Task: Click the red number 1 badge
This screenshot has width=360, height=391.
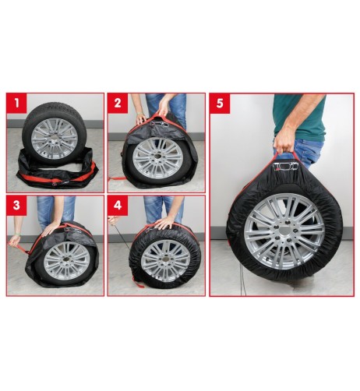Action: tap(16, 103)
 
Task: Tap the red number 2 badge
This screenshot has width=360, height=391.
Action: tap(118, 103)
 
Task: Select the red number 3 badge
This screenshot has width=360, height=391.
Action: tap(16, 206)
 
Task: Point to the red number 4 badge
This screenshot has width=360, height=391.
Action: tap(118, 206)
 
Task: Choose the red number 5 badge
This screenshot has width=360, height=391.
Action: tap(220, 104)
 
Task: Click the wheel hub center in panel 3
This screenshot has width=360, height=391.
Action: tap(66, 261)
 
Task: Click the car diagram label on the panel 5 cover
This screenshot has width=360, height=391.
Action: tap(286, 166)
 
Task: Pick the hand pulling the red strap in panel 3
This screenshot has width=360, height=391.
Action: tap(15, 243)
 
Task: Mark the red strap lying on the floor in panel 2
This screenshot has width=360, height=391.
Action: tap(115, 179)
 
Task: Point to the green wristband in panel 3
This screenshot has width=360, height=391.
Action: tap(18, 234)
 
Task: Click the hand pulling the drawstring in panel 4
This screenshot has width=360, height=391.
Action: tap(112, 220)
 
